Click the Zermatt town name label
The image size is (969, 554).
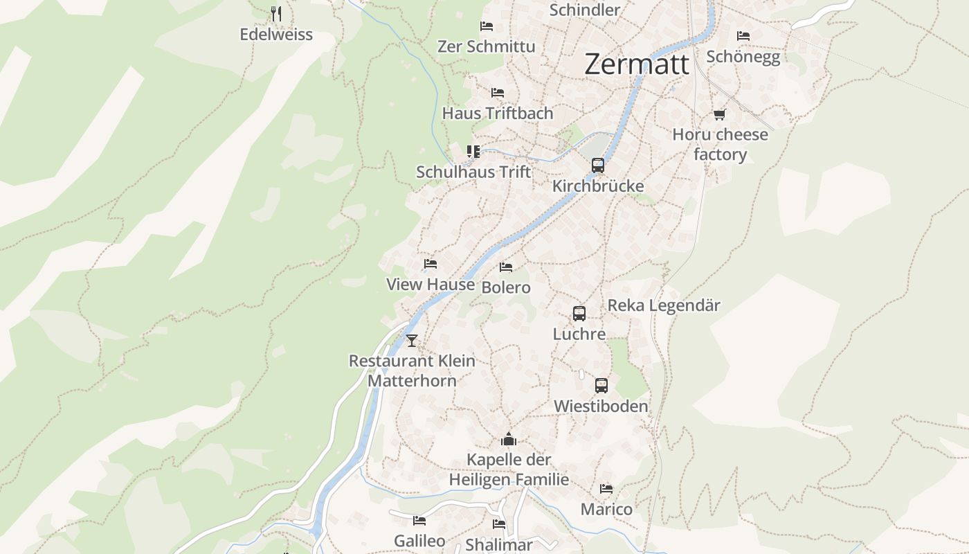(x=637, y=64)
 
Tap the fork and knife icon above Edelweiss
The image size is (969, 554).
(x=276, y=13)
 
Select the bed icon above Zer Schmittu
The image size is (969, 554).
(x=487, y=26)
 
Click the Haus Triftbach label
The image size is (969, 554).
(x=498, y=113)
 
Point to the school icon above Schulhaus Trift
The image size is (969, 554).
(x=473, y=152)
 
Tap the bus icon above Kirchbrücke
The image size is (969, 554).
(x=598, y=166)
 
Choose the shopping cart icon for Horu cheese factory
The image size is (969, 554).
(x=720, y=114)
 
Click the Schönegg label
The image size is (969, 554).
(x=743, y=57)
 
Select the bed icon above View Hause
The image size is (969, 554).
(x=431, y=264)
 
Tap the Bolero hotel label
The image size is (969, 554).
(x=506, y=287)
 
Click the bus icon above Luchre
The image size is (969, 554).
(x=579, y=314)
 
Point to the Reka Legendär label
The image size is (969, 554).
(x=664, y=305)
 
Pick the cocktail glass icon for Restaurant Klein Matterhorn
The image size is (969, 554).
(x=412, y=340)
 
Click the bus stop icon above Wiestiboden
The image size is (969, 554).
(x=601, y=386)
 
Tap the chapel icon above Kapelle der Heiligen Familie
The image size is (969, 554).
(x=509, y=439)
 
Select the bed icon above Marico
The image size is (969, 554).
(x=606, y=489)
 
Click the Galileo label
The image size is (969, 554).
(x=419, y=541)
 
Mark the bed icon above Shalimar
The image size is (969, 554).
(x=499, y=524)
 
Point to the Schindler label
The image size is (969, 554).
(x=584, y=10)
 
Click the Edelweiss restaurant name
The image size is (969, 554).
(x=276, y=34)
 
